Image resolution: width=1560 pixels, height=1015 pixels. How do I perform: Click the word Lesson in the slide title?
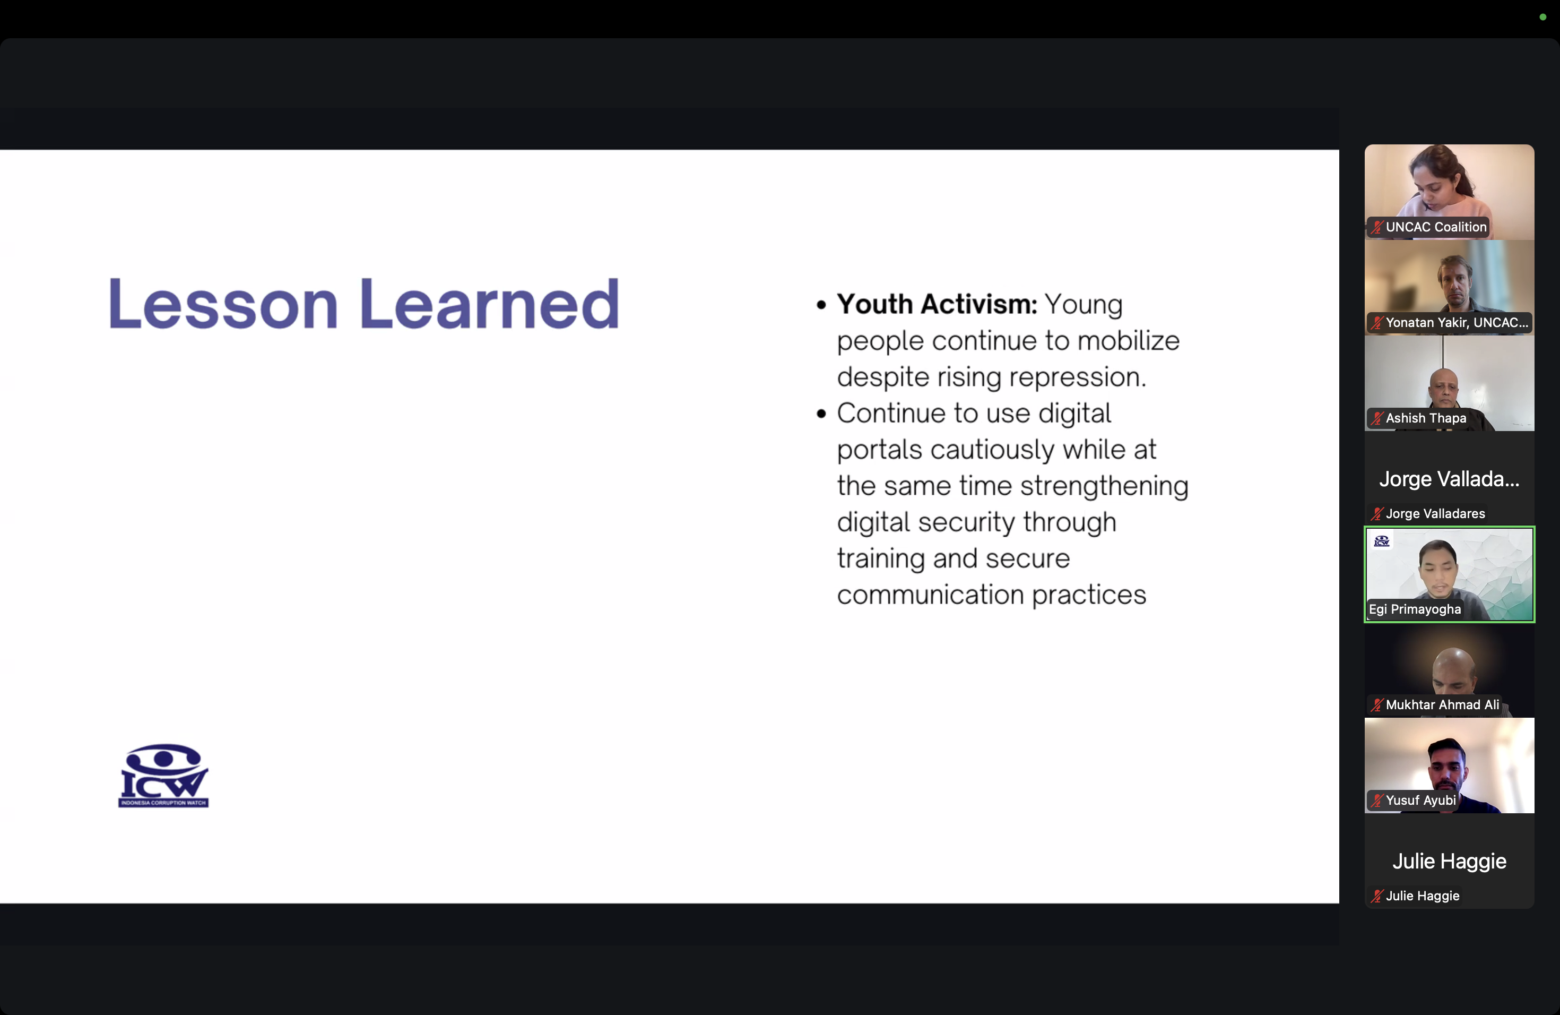(223, 304)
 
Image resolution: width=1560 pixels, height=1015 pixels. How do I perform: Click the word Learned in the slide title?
(489, 304)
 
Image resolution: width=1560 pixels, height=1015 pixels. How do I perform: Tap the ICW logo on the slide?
(163, 776)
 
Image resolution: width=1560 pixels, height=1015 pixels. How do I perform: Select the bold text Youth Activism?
(937, 304)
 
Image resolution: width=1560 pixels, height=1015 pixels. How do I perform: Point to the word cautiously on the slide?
(992, 450)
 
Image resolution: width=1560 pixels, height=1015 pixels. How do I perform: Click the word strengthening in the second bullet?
(1104, 486)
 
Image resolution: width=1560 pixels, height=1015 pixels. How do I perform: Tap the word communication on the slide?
(930, 595)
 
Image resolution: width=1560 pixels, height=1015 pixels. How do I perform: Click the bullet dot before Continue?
(821, 414)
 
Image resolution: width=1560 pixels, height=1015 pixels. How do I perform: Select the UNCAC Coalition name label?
(1435, 227)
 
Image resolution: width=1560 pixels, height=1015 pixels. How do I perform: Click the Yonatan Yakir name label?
(1457, 323)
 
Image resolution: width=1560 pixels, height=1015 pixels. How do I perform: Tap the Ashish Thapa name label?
(1426, 418)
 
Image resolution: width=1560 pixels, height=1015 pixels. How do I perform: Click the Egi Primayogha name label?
(1415, 609)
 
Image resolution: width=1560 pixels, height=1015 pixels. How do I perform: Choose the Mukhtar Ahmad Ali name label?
(1442, 705)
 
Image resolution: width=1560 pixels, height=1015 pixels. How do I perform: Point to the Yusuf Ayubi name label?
(1420, 801)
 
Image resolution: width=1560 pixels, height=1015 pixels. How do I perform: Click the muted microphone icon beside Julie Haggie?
(1377, 896)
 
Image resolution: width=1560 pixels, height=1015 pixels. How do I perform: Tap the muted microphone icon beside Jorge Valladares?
(1377, 514)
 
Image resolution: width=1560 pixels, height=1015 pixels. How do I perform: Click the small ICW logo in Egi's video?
(1382, 541)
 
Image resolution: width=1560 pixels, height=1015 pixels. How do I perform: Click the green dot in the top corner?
(1543, 17)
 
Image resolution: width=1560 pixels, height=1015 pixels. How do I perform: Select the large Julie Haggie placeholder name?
(1449, 861)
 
